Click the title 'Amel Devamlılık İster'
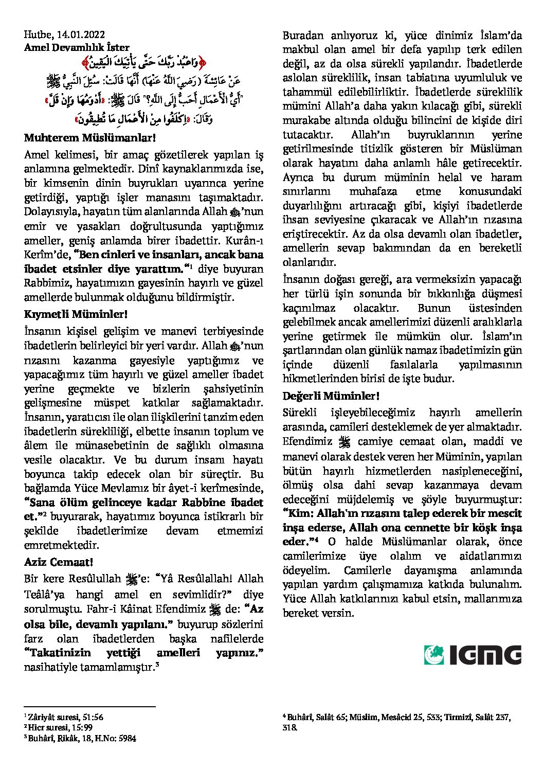77,47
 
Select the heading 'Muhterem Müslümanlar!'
89,138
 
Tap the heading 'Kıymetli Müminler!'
76,314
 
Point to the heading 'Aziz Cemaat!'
58,562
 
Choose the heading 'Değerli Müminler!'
331,396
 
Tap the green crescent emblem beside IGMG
434,655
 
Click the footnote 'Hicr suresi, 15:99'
60,727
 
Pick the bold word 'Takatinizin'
58,653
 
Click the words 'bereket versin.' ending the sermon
318,613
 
